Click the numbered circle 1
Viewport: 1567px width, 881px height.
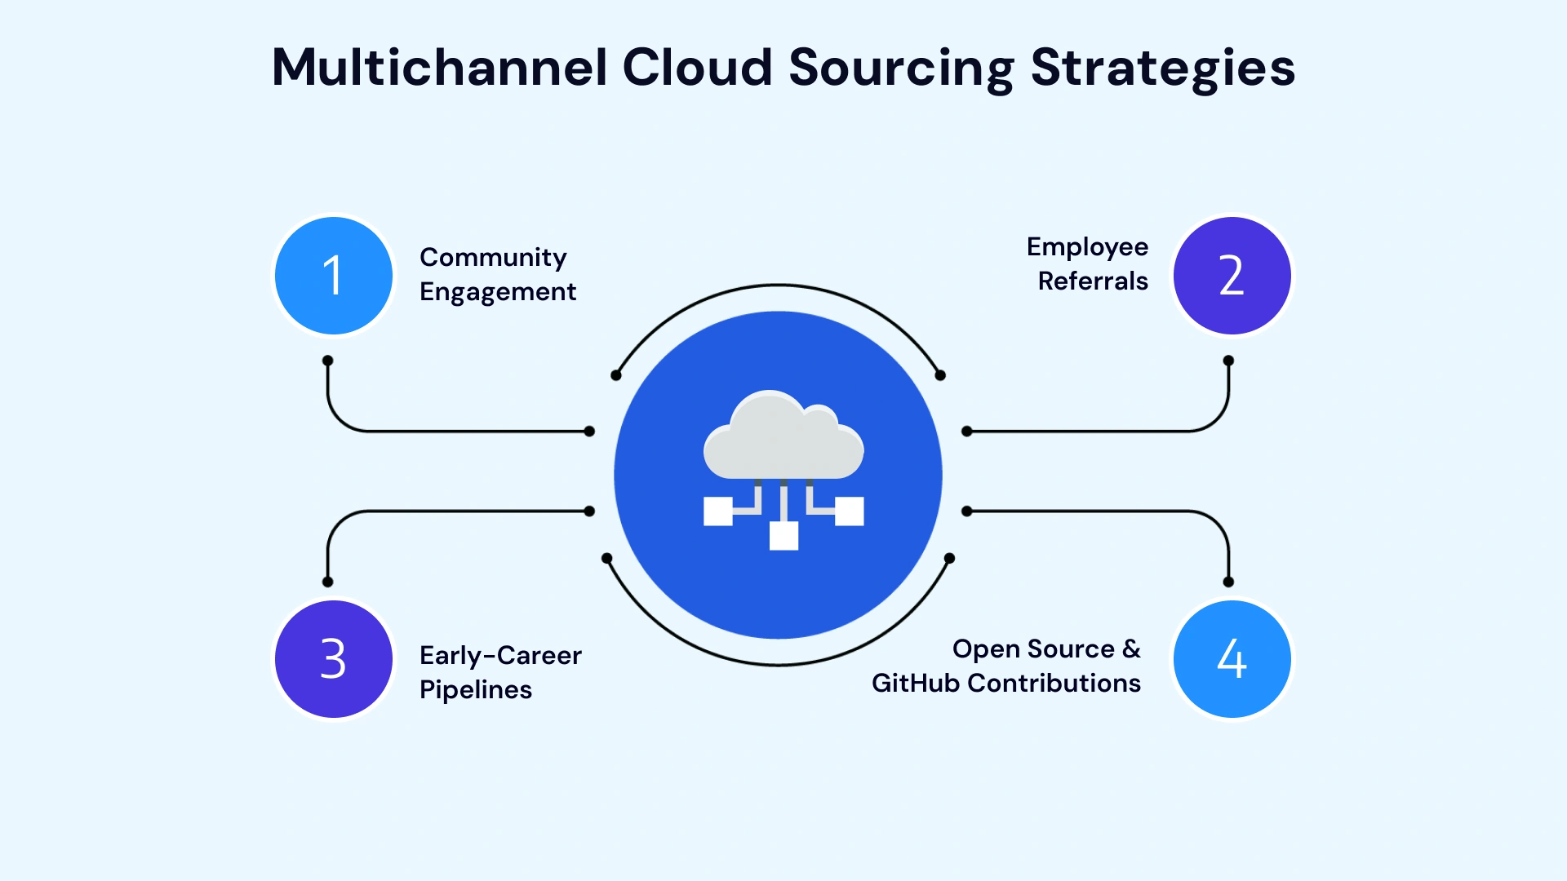(333, 276)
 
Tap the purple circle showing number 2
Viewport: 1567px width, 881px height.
(1232, 276)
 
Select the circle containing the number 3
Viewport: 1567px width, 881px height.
(333, 659)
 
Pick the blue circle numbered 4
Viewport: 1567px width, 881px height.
(1232, 659)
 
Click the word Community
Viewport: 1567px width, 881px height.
(493, 258)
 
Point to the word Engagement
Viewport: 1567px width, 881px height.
(498, 292)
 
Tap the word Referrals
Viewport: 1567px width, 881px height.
(1093, 281)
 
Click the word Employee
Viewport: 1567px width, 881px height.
(1087, 247)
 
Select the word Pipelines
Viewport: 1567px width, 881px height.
(476, 690)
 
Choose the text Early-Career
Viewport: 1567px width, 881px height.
(500, 656)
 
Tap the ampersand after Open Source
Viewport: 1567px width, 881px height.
(1131, 649)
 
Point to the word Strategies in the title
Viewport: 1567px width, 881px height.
(1162, 69)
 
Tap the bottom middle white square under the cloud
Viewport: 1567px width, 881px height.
(783, 536)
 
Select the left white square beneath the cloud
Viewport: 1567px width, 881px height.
(718, 511)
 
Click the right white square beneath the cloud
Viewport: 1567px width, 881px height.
(849, 511)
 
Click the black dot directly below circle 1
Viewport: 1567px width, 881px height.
(327, 361)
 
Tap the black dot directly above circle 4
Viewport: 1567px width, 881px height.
(1228, 582)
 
